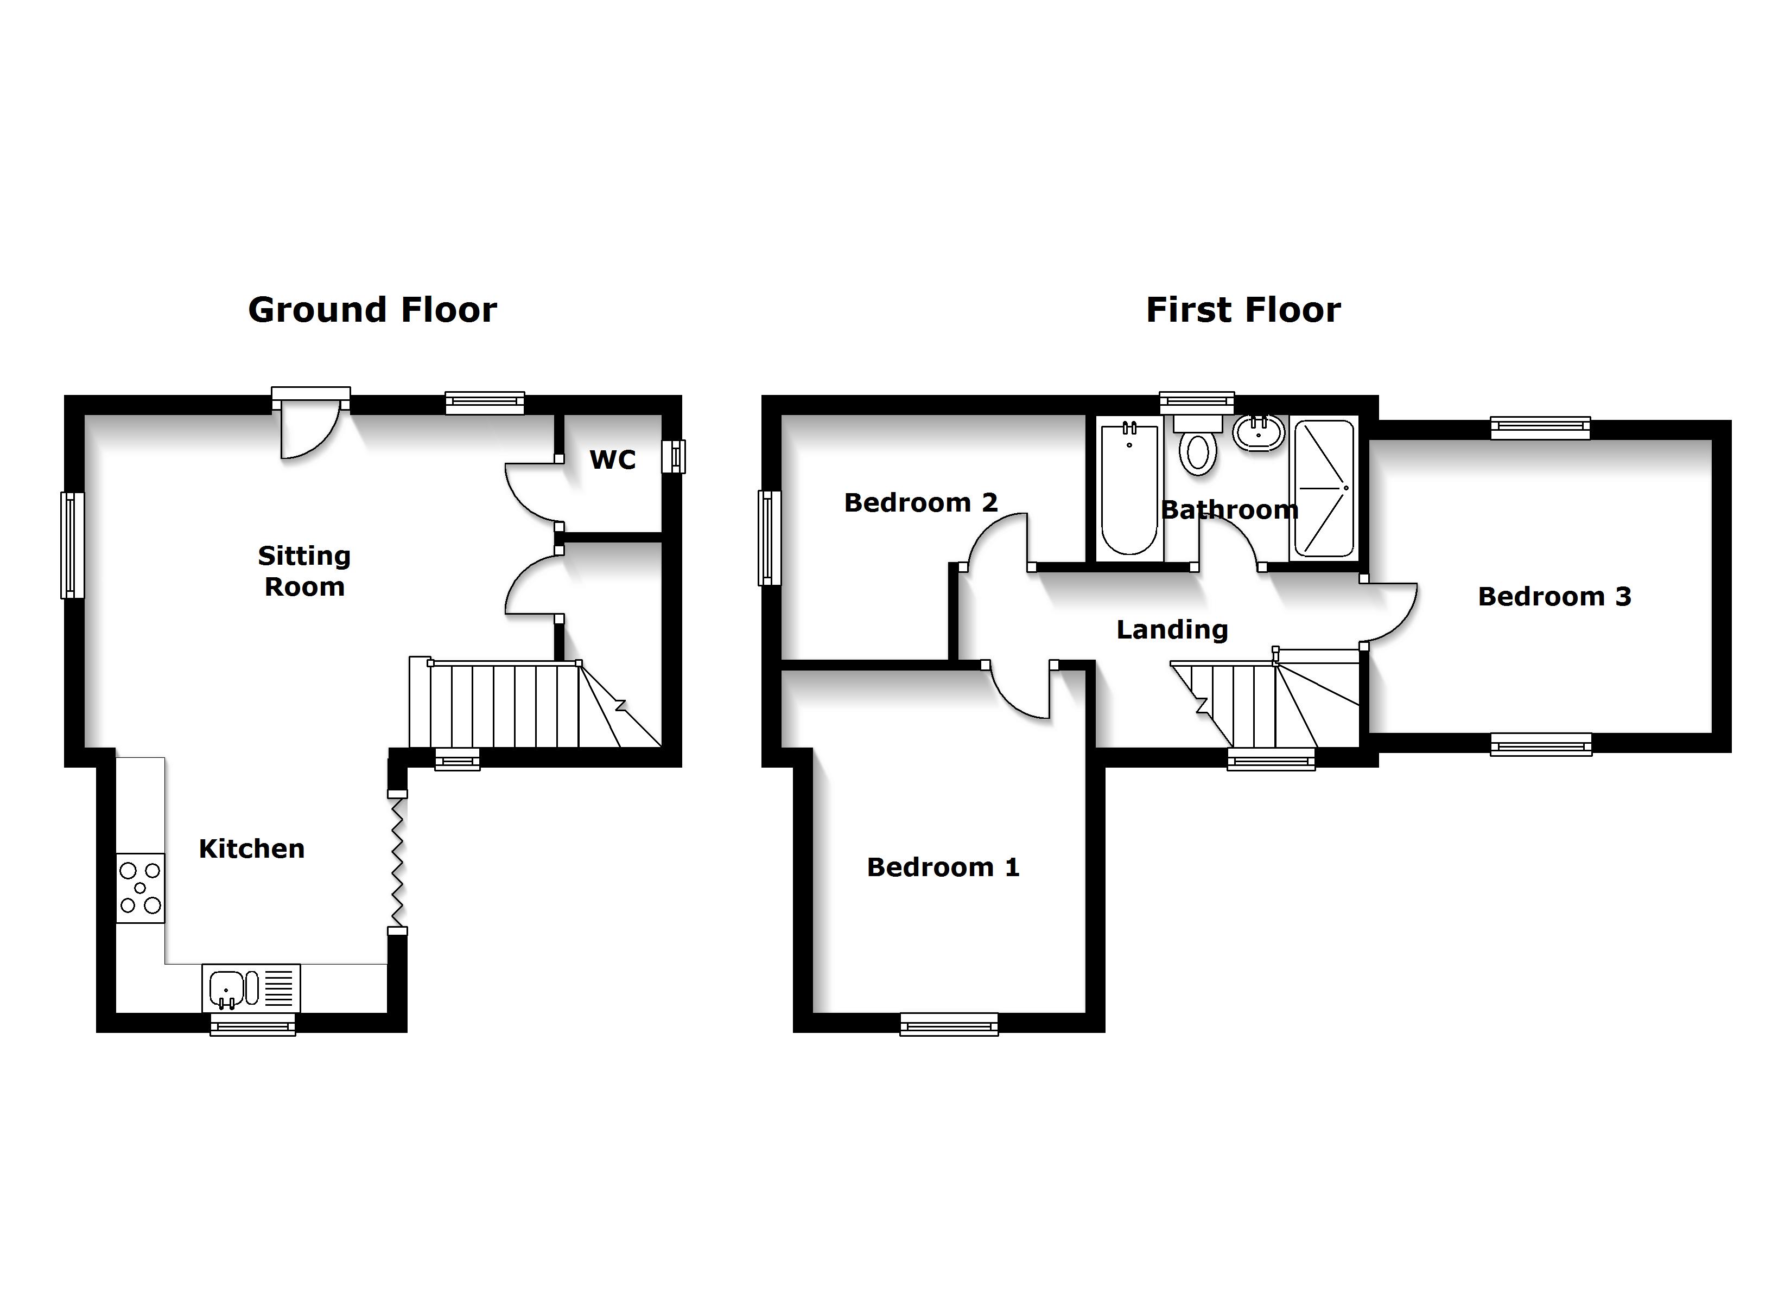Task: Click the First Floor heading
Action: [x=1243, y=310]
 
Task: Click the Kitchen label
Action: [x=251, y=849]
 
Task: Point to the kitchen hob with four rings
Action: [x=141, y=888]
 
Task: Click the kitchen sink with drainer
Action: [x=250, y=988]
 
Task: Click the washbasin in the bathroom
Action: [x=1258, y=433]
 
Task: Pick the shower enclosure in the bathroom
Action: [x=1323, y=488]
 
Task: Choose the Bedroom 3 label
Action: [x=1554, y=597]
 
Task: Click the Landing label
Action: [x=1172, y=630]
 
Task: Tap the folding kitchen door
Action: [x=397, y=862]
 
